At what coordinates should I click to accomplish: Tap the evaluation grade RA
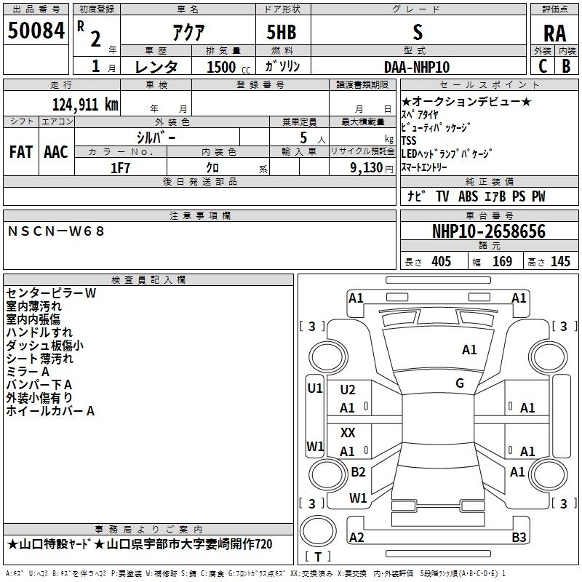554,33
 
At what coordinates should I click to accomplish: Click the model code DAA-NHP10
417,67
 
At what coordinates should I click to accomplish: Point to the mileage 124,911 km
84,104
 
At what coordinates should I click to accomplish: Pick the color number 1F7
120,167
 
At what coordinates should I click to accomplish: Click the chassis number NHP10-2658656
489,231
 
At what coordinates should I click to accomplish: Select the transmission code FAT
20,152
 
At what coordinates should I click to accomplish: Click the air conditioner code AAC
56,152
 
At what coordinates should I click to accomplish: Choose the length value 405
441,262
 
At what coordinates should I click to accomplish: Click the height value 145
560,262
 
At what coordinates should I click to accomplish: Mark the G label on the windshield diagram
460,383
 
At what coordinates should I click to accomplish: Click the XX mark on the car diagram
348,432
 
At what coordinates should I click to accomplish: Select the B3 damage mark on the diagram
519,538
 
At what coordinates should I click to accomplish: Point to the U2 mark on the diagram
348,390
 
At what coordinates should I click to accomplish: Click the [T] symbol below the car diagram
317,557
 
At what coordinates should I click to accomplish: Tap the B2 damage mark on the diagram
358,472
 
